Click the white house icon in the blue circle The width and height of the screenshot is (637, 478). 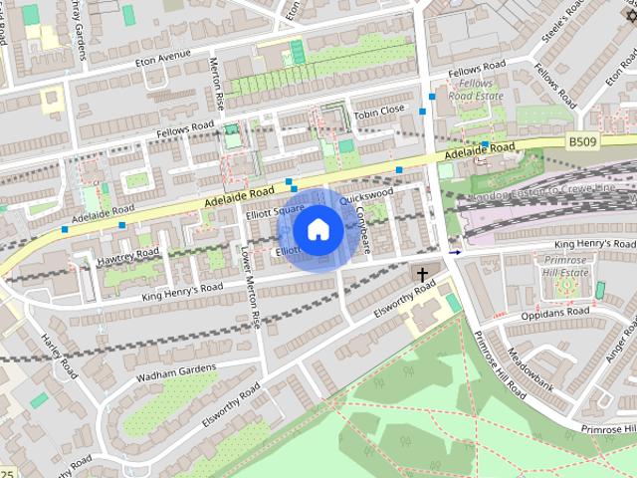click(317, 229)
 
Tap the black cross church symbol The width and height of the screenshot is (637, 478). click(423, 273)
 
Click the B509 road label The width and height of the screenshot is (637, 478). click(586, 142)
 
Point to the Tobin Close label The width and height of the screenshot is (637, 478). click(380, 110)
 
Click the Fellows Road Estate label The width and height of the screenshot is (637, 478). click(476, 91)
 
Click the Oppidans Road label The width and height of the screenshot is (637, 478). click(554, 315)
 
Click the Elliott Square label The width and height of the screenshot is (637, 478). click(275, 211)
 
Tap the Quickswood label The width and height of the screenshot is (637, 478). click(366, 195)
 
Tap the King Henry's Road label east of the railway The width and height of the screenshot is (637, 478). click(594, 244)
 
